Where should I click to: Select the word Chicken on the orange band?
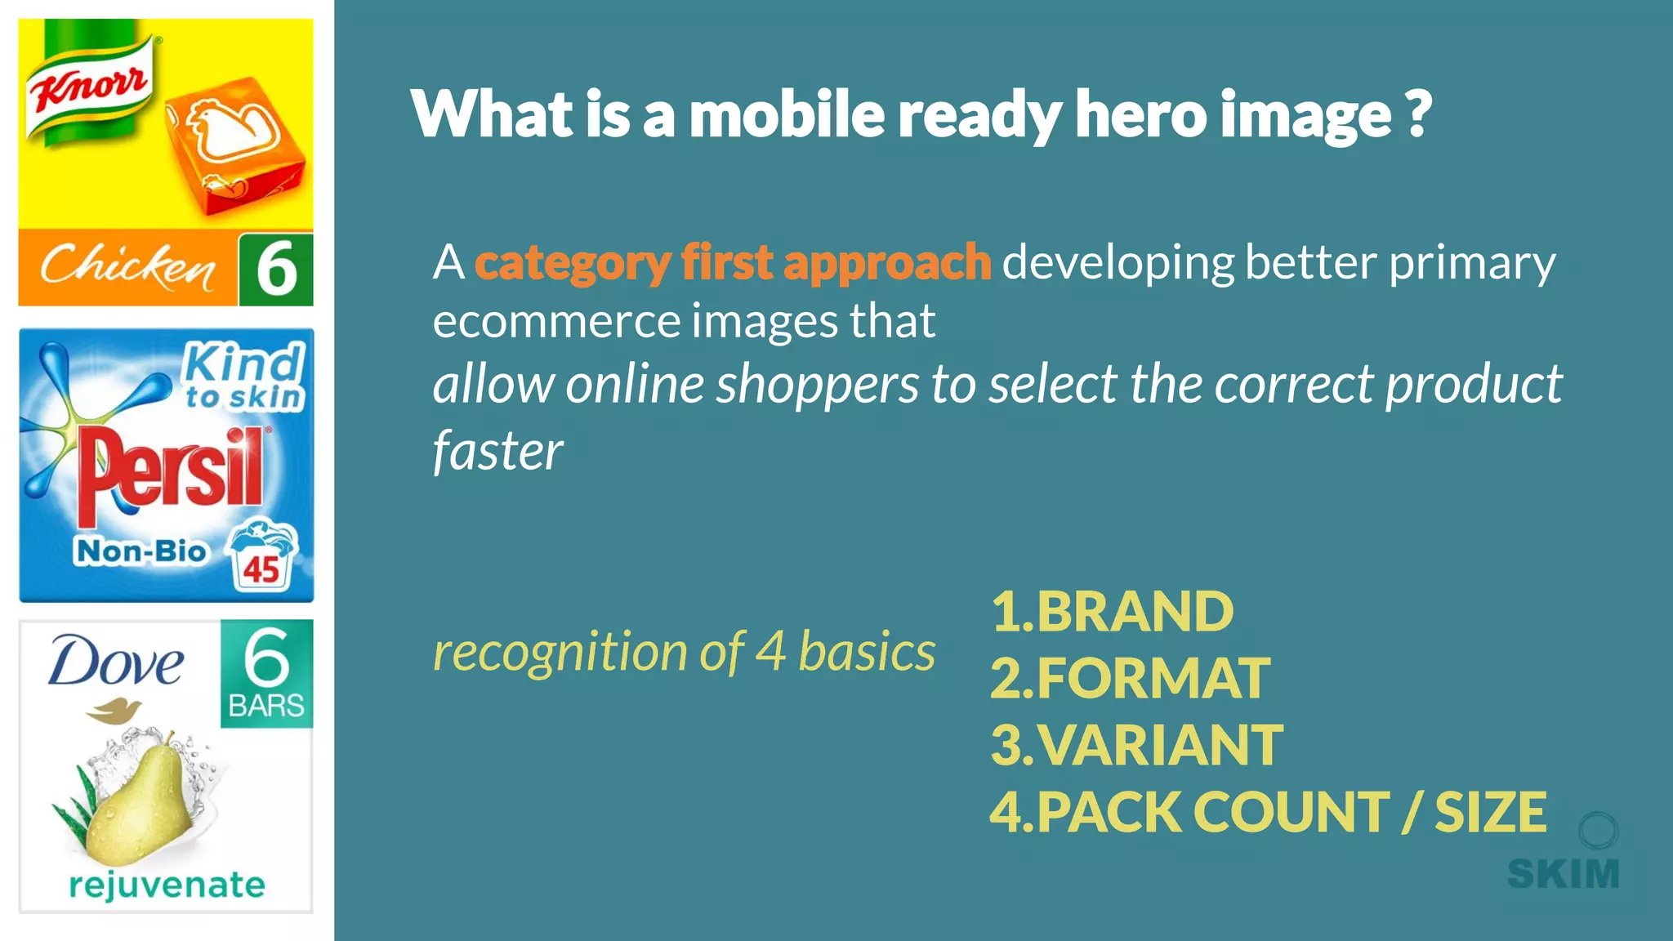point(128,266)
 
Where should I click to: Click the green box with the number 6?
point(276,270)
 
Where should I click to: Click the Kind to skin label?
point(243,377)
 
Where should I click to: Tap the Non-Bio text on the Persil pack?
point(141,551)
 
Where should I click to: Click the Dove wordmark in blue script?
point(116,662)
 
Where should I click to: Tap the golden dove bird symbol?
point(114,710)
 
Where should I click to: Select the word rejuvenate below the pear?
point(167,885)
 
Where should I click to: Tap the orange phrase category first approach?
point(733,263)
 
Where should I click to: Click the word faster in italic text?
point(497,451)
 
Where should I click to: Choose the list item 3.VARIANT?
point(1135,745)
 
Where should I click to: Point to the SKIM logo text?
point(1563,874)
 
